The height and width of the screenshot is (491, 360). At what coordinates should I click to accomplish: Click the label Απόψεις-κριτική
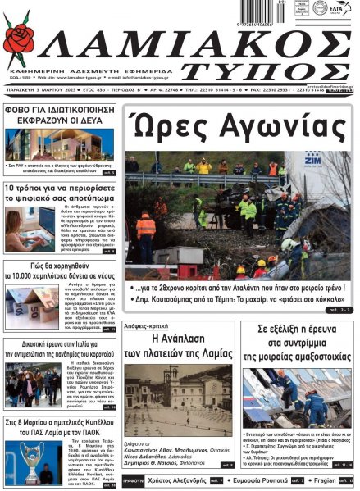pyautogui.click(x=150, y=324)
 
